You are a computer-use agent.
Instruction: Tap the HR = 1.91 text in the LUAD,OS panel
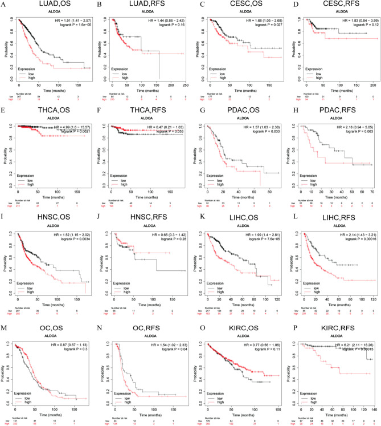tap(72, 20)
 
